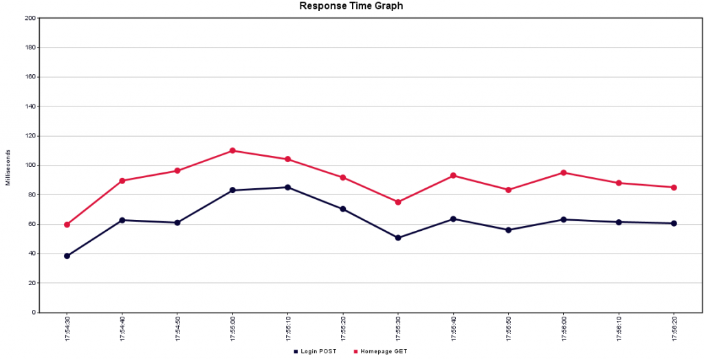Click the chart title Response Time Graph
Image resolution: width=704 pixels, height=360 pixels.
(351, 6)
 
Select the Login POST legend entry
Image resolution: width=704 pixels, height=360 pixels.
(316, 351)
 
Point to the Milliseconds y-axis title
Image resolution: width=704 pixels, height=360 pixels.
(8, 167)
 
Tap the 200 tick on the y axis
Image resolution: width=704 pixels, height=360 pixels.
(30, 19)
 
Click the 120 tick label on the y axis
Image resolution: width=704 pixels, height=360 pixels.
(30, 136)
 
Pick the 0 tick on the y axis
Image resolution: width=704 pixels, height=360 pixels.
(34, 313)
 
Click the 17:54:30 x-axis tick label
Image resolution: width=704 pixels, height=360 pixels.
(67, 329)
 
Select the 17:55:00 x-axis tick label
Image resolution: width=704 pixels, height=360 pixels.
(232, 329)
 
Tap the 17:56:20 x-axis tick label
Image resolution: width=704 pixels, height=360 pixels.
(674, 329)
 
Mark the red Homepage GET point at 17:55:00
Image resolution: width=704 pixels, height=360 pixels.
(232, 150)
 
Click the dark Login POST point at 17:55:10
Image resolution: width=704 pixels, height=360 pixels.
(287, 188)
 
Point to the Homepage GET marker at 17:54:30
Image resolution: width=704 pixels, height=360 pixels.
(67, 225)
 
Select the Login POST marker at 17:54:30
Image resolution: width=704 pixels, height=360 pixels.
(67, 256)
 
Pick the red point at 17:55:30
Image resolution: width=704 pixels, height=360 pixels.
(398, 202)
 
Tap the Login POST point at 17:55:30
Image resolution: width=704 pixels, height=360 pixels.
(398, 238)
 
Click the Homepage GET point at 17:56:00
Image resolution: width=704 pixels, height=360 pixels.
(564, 172)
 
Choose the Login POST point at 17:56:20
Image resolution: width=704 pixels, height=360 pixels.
(674, 223)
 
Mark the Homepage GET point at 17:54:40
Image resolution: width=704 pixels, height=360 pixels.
(122, 181)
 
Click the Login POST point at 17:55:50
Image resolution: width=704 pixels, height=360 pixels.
(508, 230)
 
